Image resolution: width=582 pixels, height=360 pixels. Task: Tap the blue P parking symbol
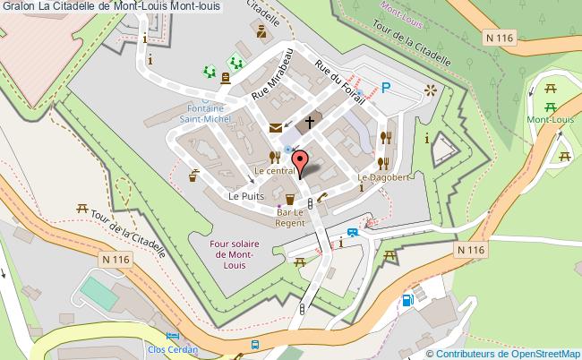coord(386,88)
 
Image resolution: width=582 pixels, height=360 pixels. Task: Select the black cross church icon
coord(310,124)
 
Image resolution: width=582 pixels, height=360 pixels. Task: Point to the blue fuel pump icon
coord(408,299)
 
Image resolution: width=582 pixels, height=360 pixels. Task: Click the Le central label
coord(275,170)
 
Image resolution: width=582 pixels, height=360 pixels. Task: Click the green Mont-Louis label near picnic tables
coord(550,119)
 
